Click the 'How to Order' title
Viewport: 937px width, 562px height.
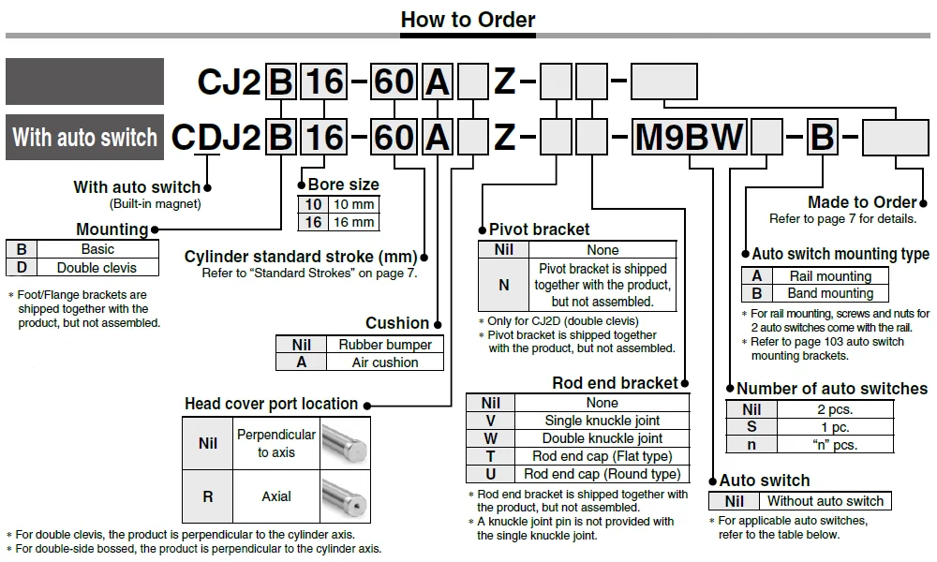click(x=468, y=20)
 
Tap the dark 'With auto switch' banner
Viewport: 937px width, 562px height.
click(x=85, y=138)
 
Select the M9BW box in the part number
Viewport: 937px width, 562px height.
click(x=689, y=137)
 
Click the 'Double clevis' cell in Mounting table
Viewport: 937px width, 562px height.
click(x=97, y=268)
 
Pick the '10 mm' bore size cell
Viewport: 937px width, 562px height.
click(x=353, y=204)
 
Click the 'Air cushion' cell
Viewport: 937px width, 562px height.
click(x=385, y=362)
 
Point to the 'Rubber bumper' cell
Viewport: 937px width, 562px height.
click(x=385, y=345)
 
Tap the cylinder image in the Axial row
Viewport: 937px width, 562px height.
click(x=345, y=496)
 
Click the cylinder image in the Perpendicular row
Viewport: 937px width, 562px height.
click(x=345, y=444)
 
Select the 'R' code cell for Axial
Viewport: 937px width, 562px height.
click(x=207, y=496)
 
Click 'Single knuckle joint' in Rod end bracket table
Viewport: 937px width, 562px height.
click(x=602, y=421)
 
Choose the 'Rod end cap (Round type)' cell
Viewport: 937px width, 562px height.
click(x=602, y=474)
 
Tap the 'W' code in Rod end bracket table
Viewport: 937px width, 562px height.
click(x=491, y=438)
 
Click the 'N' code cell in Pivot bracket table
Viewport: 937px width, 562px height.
click(x=504, y=285)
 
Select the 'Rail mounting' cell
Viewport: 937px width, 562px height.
click(x=830, y=276)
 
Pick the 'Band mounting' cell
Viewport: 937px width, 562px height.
click(x=830, y=293)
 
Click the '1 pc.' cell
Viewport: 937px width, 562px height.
click(x=835, y=427)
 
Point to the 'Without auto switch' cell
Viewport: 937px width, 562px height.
click(x=825, y=501)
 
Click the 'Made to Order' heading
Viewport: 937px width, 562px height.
click(x=862, y=202)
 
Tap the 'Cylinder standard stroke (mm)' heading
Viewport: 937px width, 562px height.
click(x=301, y=257)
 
